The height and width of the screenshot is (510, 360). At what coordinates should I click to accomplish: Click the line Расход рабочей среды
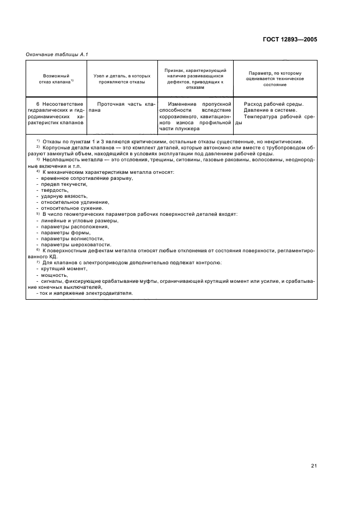(x=273, y=104)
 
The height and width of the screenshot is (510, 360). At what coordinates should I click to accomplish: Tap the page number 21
(x=314, y=450)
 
